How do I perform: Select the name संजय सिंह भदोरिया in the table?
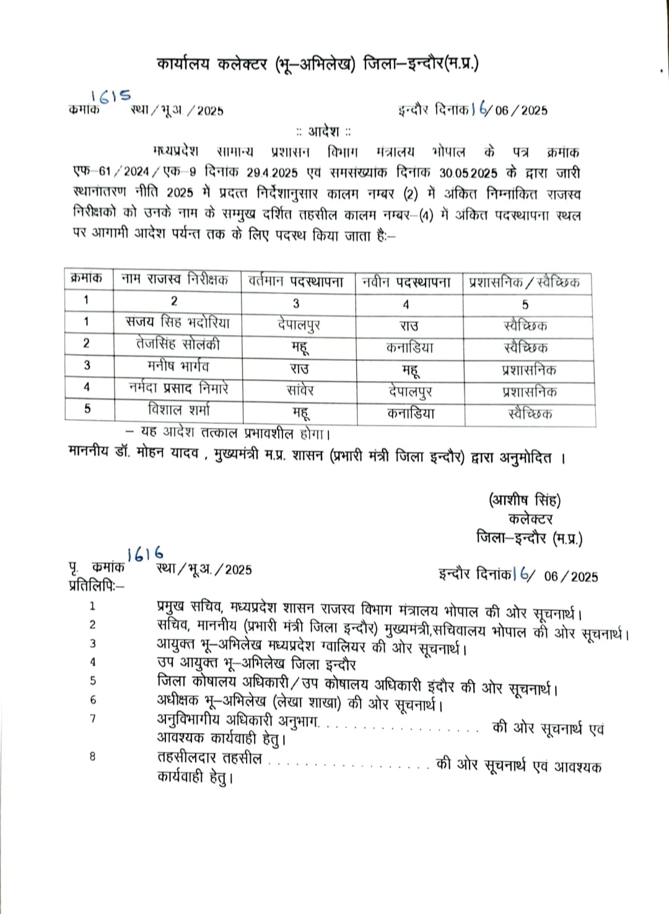point(177,323)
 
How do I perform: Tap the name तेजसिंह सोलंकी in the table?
point(177,344)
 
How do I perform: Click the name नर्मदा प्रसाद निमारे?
point(178,388)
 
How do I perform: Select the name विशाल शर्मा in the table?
point(178,409)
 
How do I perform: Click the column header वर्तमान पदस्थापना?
point(295,282)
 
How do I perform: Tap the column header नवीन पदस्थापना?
point(406,282)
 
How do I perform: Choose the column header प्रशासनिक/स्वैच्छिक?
point(524,282)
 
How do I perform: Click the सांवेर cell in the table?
point(300,390)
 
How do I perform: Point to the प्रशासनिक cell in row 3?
point(528,370)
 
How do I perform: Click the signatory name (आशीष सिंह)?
point(525,499)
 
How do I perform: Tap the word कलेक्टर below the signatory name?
point(530,519)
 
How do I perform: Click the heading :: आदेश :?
point(323,131)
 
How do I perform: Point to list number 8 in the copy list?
point(92,756)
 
